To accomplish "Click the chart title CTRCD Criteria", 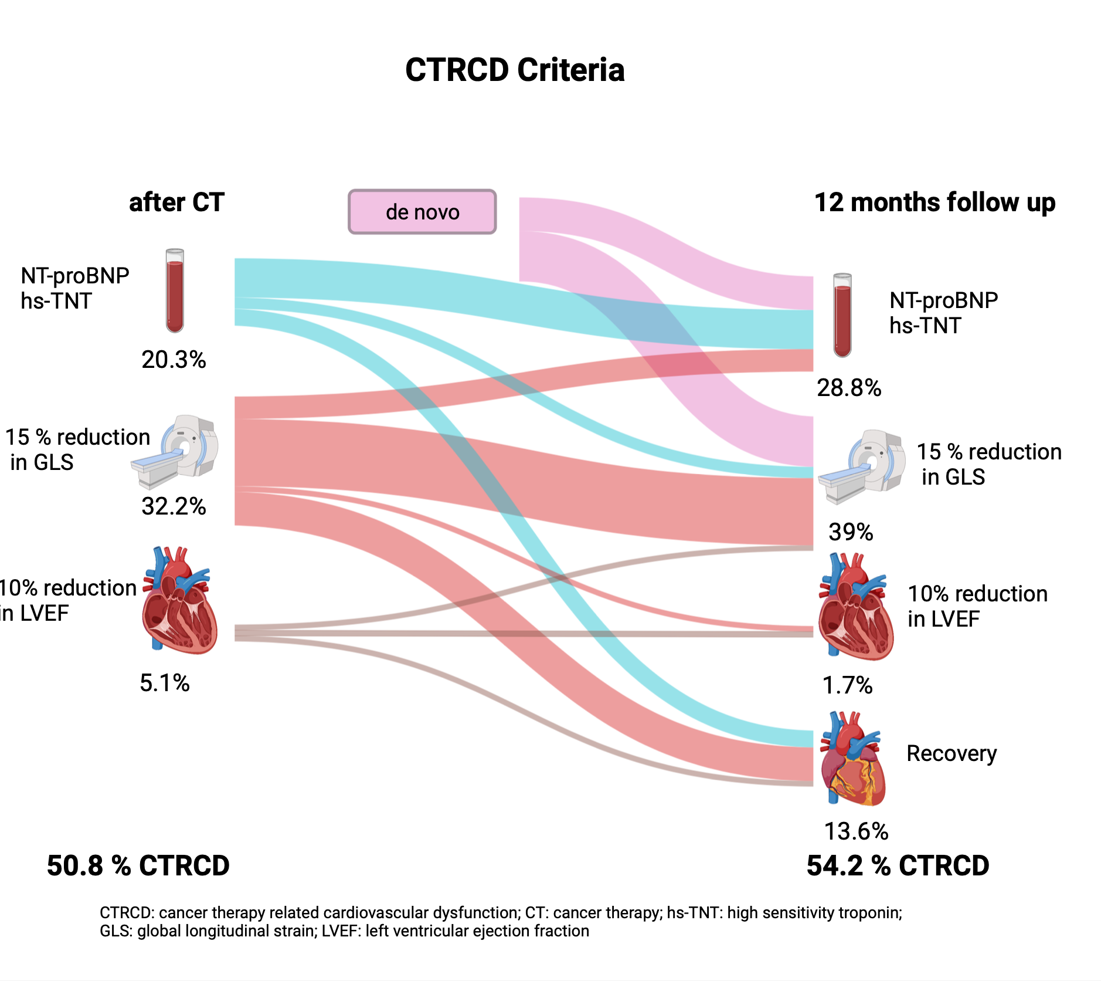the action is click(x=515, y=70).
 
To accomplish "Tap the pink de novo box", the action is click(x=422, y=212).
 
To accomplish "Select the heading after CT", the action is click(x=176, y=202).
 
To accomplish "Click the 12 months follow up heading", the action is click(x=935, y=202).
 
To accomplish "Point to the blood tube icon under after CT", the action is click(x=175, y=290).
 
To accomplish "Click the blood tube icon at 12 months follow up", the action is click(x=842, y=315).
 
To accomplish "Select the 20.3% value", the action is click(x=174, y=360).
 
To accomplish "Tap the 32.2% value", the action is click(x=174, y=506).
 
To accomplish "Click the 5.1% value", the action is click(x=165, y=683).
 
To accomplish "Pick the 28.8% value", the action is click(x=849, y=388).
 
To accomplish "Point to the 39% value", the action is click(x=851, y=532).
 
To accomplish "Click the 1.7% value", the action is click(x=848, y=685).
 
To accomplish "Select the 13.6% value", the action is click(x=856, y=831).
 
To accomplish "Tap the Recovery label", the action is click(x=952, y=754).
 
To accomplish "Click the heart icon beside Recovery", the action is click(x=853, y=759).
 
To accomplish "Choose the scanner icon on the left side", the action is click(x=175, y=452).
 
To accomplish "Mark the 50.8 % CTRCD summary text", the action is click(x=138, y=866).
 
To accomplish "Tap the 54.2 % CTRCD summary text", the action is click(x=898, y=866).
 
